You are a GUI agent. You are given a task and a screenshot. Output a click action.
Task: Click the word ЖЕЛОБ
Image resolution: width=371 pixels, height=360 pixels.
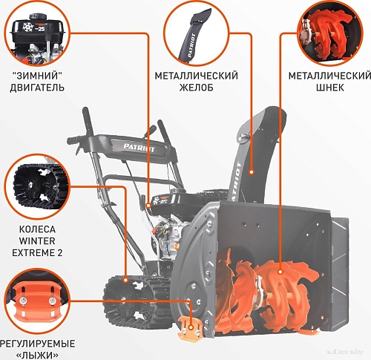(x=195, y=88)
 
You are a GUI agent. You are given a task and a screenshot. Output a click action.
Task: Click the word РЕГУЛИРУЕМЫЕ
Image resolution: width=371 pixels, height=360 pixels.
(x=37, y=344)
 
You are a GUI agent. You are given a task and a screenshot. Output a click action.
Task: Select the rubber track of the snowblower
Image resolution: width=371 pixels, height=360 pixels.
(x=126, y=297)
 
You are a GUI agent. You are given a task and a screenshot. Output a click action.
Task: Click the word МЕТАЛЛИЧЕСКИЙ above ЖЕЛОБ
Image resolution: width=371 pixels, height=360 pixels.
(x=195, y=76)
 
